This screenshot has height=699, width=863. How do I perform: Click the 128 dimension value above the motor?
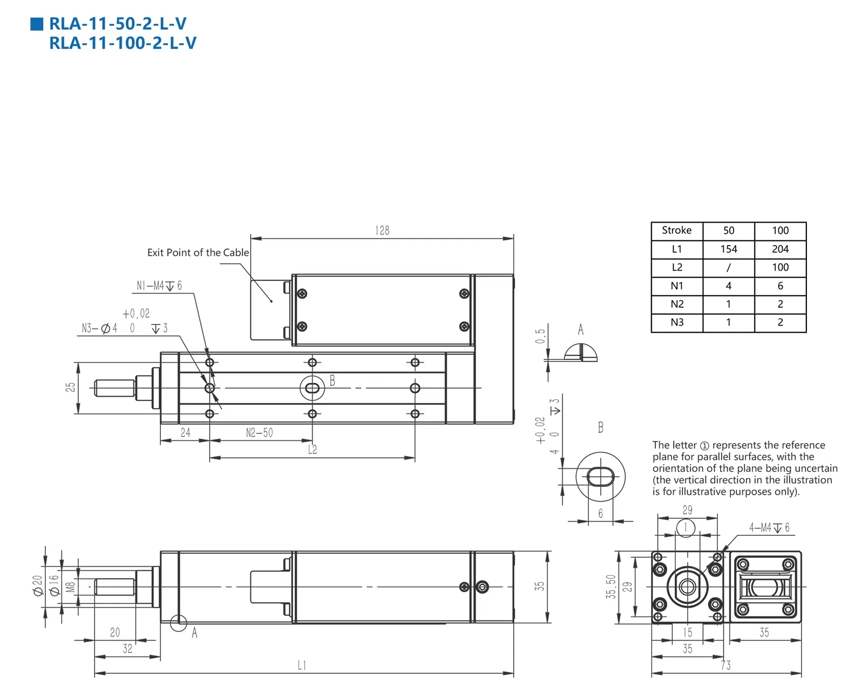(382, 231)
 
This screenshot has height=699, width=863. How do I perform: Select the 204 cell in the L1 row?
(780, 249)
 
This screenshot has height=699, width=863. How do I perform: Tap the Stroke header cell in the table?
(676, 230)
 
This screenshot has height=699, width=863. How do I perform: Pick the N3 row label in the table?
(677, 322)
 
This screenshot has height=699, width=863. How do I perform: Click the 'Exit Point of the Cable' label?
(198, 252)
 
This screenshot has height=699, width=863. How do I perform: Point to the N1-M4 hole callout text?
(159, 286)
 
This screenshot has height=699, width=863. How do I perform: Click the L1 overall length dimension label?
(302, 666)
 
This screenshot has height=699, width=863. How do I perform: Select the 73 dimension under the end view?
(726, 666)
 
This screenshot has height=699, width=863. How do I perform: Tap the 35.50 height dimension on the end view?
(611, 587)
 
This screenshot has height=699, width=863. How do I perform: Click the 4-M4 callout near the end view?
(769, 528)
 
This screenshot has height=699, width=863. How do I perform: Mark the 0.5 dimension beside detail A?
(540, 336)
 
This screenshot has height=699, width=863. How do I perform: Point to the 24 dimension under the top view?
(185, 433)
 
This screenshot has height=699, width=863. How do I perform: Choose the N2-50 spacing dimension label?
(259, 433)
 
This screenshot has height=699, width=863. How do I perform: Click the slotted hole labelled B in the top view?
(312, 388)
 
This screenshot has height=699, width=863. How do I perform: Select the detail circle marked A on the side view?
(179, 623)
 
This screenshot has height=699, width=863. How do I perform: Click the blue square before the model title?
(37, 24)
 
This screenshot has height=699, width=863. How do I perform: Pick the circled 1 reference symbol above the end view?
(686, 527)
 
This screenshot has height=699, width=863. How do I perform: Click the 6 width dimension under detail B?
(600, 514)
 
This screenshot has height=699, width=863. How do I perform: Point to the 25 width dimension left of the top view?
(70, 387)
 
